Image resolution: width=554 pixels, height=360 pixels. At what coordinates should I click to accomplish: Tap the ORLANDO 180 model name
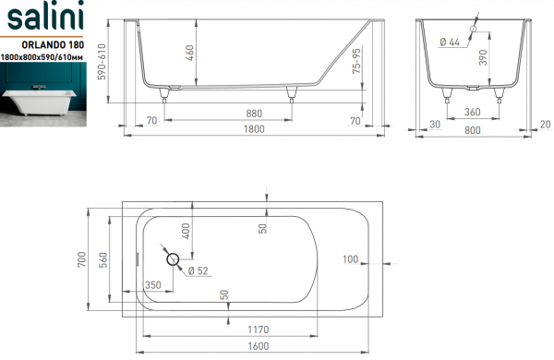tap(53, 44)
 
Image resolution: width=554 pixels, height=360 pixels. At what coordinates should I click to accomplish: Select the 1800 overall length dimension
tap(254, 129)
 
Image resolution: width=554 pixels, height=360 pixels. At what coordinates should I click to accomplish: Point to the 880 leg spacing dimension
tap(254, 114)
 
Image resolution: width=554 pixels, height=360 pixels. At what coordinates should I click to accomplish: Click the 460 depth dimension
tap(190, 53)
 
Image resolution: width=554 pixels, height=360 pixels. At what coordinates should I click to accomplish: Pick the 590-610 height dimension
tap(102, 62)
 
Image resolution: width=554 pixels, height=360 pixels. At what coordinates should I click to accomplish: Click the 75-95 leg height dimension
tap(356, 61)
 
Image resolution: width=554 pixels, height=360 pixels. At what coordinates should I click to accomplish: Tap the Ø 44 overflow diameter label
tap(450, 42)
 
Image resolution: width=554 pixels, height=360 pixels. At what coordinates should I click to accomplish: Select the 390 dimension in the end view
tap(483, 57)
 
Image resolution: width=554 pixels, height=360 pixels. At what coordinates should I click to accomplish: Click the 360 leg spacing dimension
tap(473, 112)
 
